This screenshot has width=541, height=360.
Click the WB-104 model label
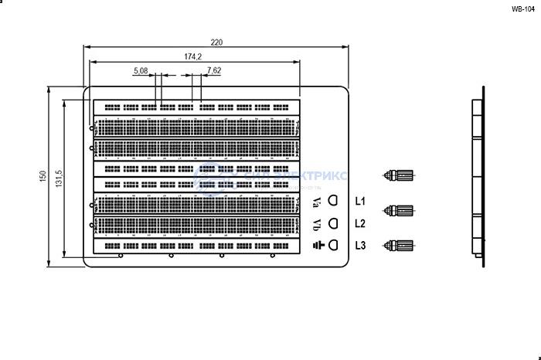pos(523,9)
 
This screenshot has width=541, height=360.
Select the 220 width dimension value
pos(217,42)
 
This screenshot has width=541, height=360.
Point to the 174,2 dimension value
pos(192,56)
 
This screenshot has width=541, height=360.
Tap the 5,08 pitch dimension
pos(141,70)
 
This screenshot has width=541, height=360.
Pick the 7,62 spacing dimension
pos(214,70)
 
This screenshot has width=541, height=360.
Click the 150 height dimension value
pos(43,177)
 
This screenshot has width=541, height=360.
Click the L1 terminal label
pos(360,202)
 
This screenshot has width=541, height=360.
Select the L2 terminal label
pos(360,224)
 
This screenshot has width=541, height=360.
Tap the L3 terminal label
pos(360,246)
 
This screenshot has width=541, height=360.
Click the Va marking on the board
pos(318,202)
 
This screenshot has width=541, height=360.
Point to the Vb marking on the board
pos(318,225)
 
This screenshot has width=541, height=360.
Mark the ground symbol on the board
pos(317,246)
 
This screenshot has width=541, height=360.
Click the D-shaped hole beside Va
pos(334,201)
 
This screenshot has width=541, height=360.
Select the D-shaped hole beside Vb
pos(334,223)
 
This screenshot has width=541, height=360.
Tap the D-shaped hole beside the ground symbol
pos(334,245)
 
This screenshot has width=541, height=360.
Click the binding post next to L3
pos(401,246)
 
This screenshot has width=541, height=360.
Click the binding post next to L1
pos(401,211)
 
